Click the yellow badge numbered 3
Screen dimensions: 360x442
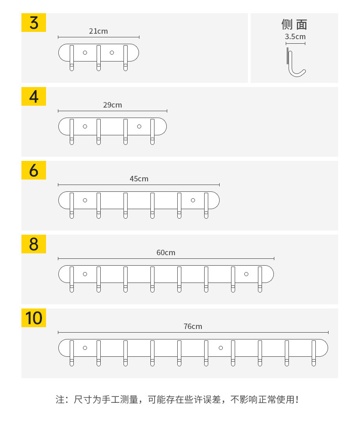coord(34,22)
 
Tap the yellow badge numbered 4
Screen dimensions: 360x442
coord(34,96)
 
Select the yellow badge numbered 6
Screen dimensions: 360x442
coord(34,170)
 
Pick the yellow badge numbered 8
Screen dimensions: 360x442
coord(34,244)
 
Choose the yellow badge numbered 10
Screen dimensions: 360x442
coord(34,318)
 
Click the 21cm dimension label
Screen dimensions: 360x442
coord(98,31)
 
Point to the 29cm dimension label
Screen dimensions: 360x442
coord(113,105)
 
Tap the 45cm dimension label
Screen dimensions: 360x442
coord(139,179)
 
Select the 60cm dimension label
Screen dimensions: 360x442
coord(166,252)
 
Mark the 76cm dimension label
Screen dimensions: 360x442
coord(193,326)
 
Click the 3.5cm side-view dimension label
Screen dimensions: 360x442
coord(295,36)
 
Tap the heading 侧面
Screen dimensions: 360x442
coord(294,24)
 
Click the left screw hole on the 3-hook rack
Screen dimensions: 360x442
coord(85,52)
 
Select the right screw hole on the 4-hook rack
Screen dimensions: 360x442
coord(139,126)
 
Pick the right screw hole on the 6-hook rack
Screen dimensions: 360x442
coord(193,200)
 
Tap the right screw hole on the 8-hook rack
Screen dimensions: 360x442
coord(246,274)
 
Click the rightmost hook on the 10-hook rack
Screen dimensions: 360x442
coord(314,353)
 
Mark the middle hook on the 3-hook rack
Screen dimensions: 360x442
coord(98,58)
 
